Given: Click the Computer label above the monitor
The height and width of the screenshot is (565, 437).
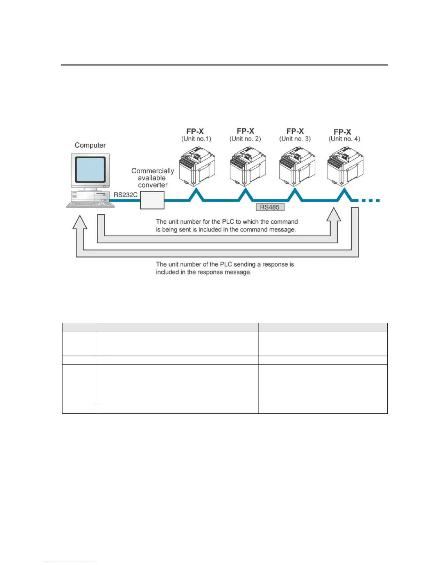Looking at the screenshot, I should (90, 145).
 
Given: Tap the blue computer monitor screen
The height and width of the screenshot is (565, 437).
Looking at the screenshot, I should (90, 169).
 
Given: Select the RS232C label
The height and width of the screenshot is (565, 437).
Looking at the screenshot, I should (125, 195).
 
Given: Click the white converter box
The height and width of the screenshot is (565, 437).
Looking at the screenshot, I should (152, 200).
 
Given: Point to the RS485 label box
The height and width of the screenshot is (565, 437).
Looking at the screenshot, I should (270, 207).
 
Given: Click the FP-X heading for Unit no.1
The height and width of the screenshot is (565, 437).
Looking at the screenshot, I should (195, 131).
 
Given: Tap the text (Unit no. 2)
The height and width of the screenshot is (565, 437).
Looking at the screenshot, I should (245, 139).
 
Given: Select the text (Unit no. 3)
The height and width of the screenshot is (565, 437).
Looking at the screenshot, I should (295, 139).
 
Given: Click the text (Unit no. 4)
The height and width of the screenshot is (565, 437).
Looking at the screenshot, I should (344, 139).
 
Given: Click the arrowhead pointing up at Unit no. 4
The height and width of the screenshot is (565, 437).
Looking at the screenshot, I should (334, 215).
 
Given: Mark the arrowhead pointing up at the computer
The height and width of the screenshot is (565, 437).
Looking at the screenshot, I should (80, 222).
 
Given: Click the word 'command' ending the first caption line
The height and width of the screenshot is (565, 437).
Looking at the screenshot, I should (284, 222).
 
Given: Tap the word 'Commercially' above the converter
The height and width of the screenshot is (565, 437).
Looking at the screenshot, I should (152, 171).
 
